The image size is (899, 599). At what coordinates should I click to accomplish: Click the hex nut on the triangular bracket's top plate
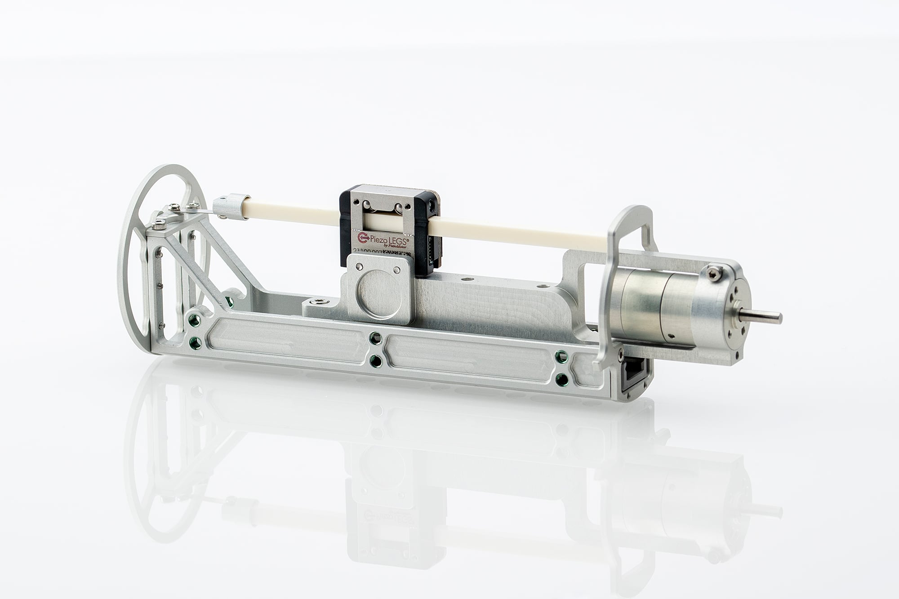(174, 207)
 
